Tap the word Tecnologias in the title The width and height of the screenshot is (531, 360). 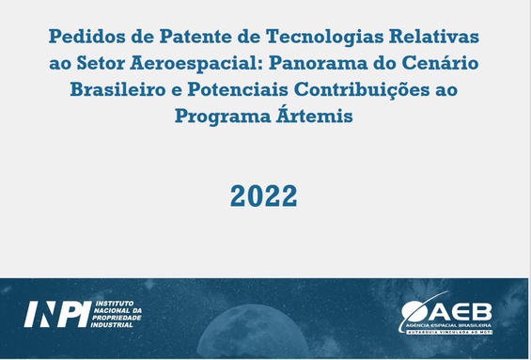click(325, 38)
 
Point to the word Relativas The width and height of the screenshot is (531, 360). click(434, 37)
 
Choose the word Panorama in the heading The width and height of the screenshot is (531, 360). click(318, 63)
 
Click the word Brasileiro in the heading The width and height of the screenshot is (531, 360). click(117, 89)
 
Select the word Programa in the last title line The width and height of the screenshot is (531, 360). click(223, 117)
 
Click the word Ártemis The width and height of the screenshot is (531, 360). click(315, 115)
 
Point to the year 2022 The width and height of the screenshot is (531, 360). click(264, 196)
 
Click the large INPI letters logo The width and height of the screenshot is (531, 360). click(57, 314)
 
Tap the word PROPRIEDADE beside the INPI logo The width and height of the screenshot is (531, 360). click(117, 318)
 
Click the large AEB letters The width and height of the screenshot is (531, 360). click(461, 312)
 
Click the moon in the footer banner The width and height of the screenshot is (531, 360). click(253, 332)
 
